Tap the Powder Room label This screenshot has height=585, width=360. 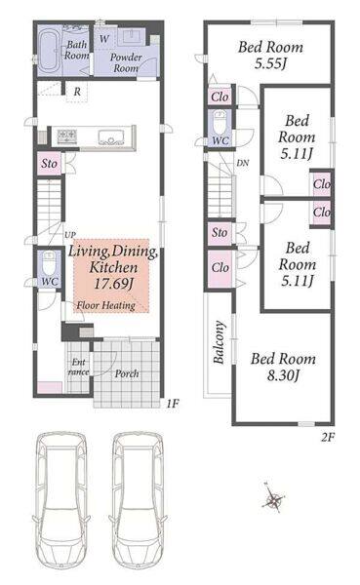click(126, 62)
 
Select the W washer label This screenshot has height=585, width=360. click(104, 38)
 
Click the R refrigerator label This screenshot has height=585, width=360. click(77, 92)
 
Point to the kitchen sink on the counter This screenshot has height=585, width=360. click(111, 136)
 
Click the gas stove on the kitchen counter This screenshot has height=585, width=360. click(67, 136)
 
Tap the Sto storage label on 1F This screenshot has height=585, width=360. click(50, 164)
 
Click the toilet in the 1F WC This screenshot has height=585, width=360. click(49, 263)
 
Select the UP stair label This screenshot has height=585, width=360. click(70, 235)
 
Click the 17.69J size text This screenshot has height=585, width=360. click(113, 284)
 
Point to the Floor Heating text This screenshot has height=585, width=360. click(106, 305)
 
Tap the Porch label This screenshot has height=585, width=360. click(127, 373)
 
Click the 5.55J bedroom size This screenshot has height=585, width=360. click(270, 63)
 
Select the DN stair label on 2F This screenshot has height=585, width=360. click(243, 163)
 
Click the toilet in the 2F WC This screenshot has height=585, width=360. click(220, 122)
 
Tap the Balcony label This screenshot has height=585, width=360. click(220, 342)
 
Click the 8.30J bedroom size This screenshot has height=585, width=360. click(283, 375)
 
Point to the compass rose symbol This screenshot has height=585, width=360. click(274, 499)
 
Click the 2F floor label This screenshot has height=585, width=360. click(328, 437)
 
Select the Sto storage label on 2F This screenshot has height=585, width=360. click(220, 233)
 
